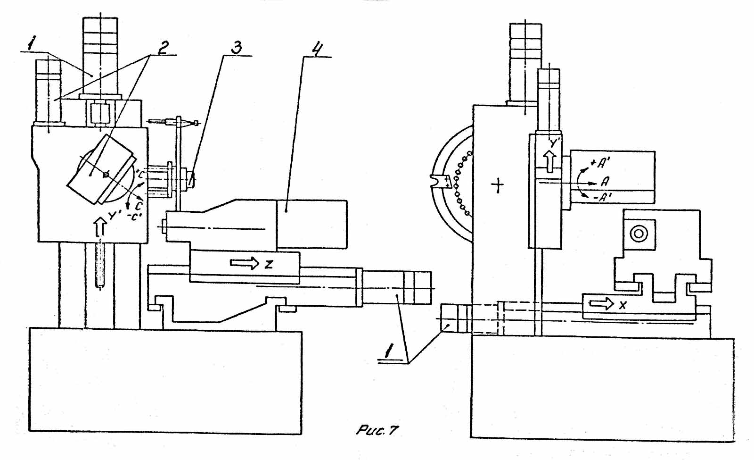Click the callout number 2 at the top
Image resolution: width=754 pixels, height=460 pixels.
point(162,48)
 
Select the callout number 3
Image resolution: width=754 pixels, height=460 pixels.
point(237,47)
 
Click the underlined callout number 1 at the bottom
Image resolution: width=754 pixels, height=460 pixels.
point(389,351)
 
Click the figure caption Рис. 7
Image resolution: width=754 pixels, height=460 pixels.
point(377,430)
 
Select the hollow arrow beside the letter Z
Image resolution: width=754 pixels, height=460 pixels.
point(245,263)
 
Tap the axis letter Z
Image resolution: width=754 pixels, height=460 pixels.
point(269,264)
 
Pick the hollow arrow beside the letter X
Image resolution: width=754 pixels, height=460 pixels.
point(601,304)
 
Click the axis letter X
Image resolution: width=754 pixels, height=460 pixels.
point(623,305)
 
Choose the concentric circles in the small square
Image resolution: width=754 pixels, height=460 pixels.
point(639,234)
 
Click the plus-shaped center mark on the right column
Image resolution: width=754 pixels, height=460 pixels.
point(497,184)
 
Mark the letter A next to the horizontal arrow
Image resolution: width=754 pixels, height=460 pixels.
point(605,181)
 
